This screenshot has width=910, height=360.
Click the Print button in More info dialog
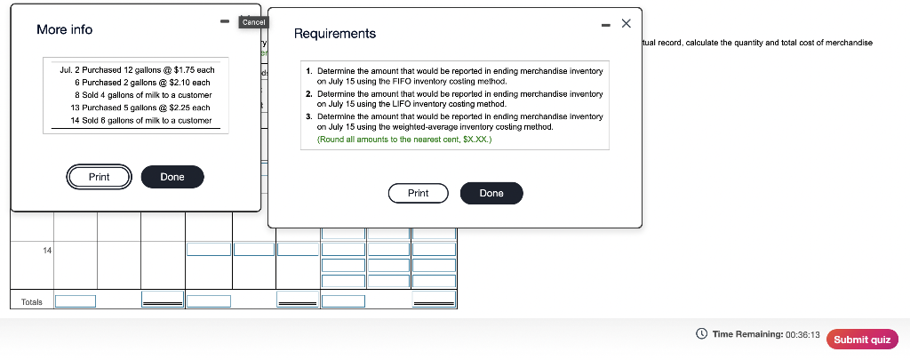click(100, 177)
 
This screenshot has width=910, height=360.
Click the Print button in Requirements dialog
click(418, 193)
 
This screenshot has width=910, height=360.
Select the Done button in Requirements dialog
click(491, 193)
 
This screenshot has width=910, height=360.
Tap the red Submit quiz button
click(862, 339)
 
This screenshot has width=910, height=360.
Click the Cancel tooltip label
click(252, 21)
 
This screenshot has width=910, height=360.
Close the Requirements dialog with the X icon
click(626, 22)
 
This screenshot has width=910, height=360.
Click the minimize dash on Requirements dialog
click(606, 23)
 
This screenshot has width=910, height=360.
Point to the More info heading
click(64, 29)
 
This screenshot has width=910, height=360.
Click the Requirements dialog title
click(335, 34)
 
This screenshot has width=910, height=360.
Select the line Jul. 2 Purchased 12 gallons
click(137, 68)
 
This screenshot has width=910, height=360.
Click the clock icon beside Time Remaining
click(702, 334)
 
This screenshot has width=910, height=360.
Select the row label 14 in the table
click(47, 252)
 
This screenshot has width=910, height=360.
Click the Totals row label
click(31, 302)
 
